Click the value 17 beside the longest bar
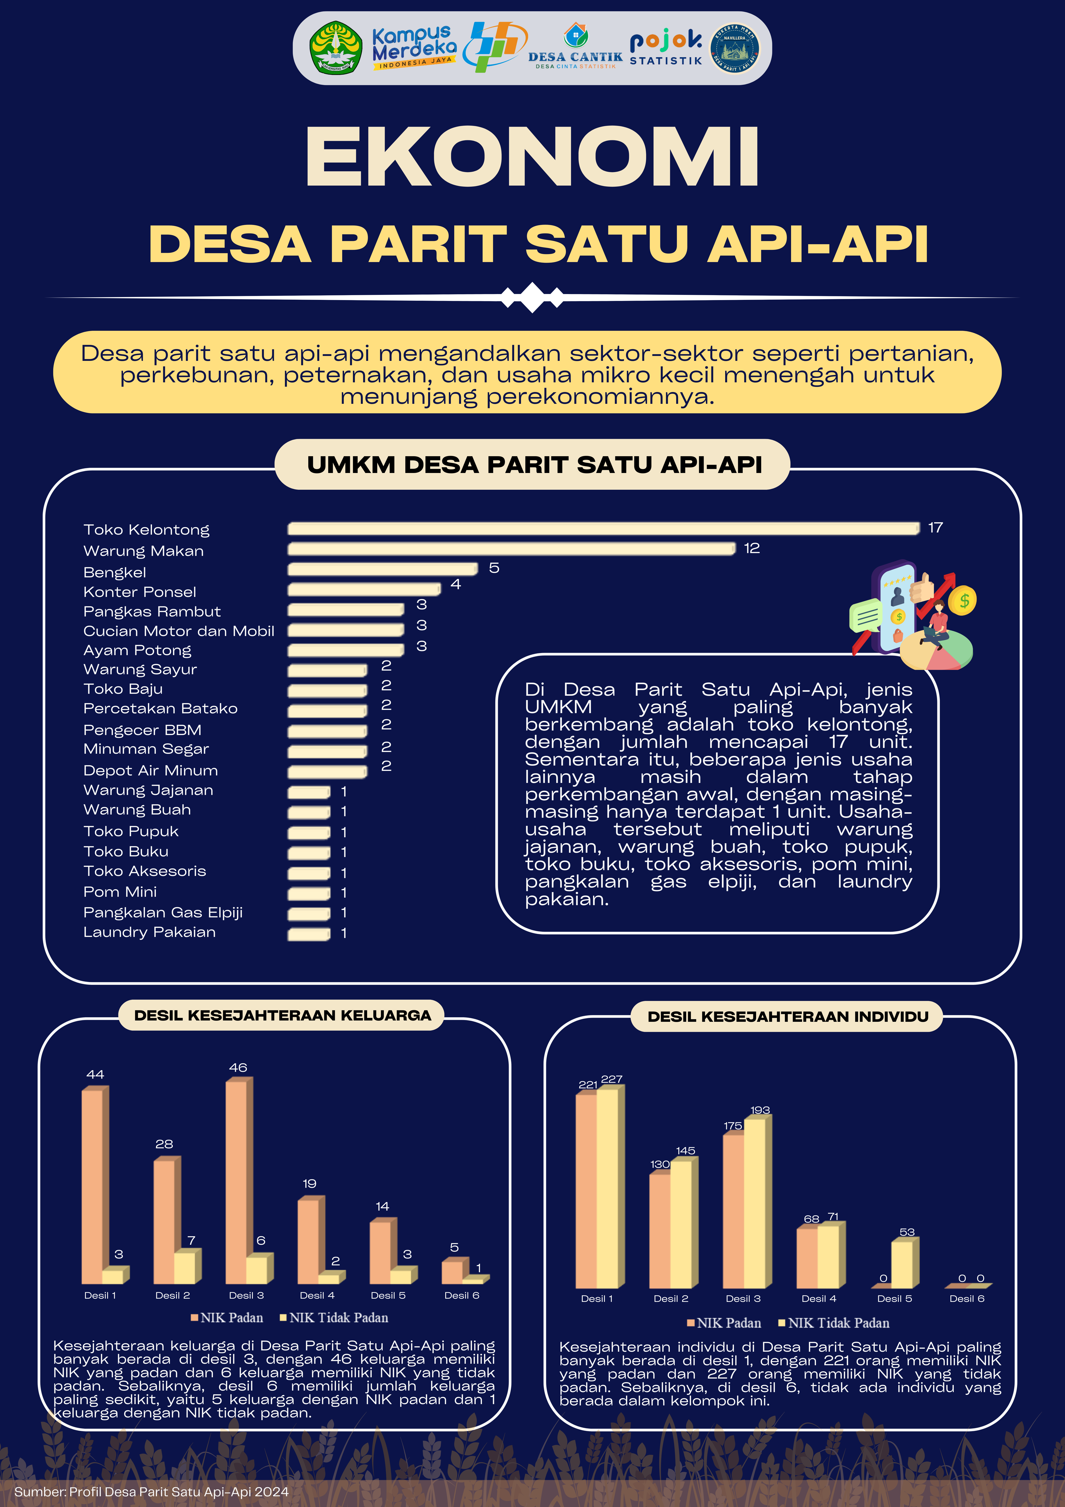[x=935, y=528]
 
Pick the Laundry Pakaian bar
[x=308, y=933]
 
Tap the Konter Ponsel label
[x=140, y=592]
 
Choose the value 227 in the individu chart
[x=612, y=1079]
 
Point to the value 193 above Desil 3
[x=760, y=1110]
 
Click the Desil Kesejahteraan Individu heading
[x=787, y=1017]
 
